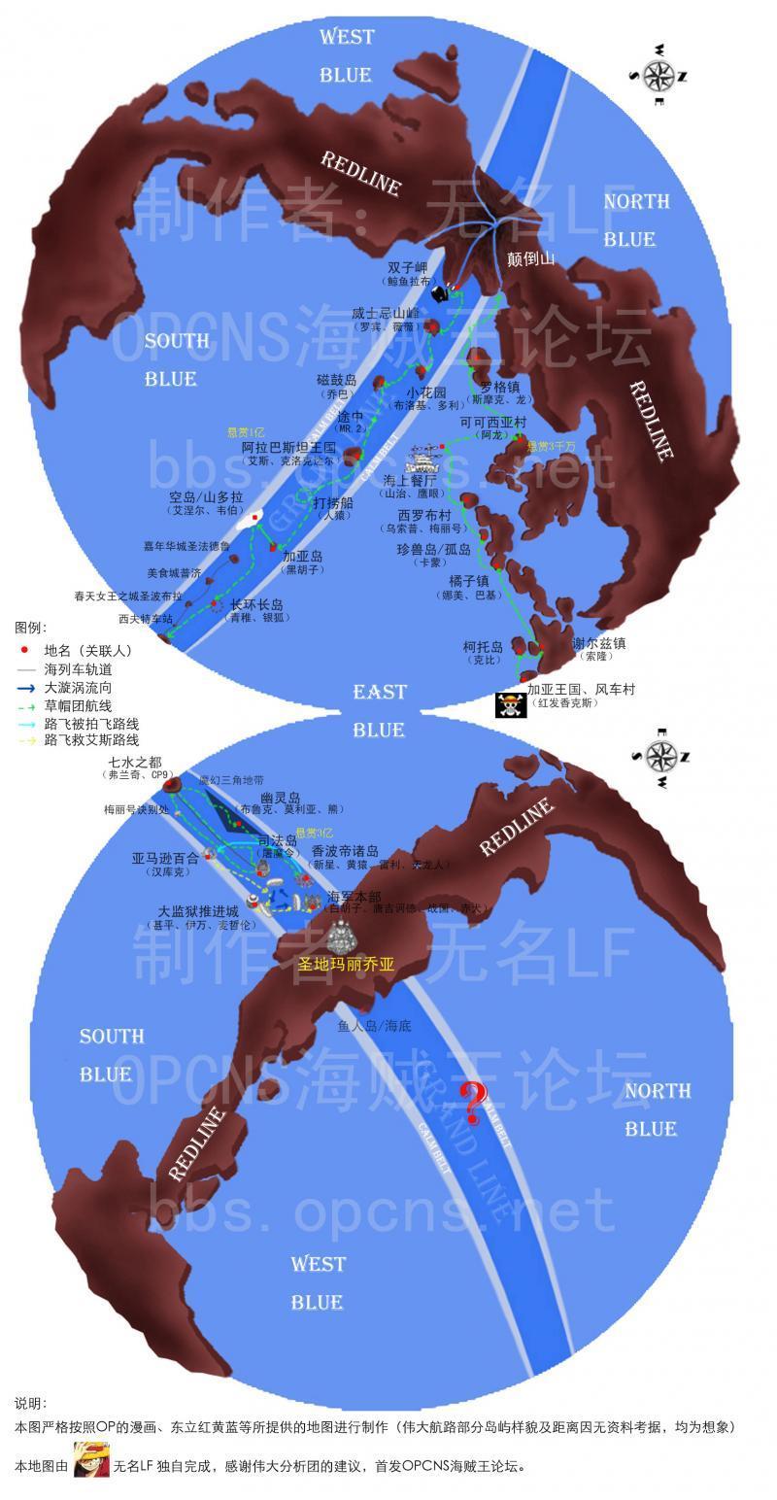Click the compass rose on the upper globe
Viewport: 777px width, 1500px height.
coord(659,75)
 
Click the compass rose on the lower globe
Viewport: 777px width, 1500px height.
coord(661,756)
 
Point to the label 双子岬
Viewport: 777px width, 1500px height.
coord(408,268)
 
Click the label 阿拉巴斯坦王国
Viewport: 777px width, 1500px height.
coord(288,448)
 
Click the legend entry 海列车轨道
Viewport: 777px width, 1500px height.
coord(78,669)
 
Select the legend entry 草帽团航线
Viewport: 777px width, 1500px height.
coord(78,705)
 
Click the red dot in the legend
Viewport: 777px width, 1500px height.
coord(25,651)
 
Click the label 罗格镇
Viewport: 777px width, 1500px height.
coord(500,387)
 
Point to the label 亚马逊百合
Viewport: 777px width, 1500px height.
coord(165,858)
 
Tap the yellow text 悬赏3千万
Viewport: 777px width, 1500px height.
coord(551,446)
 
